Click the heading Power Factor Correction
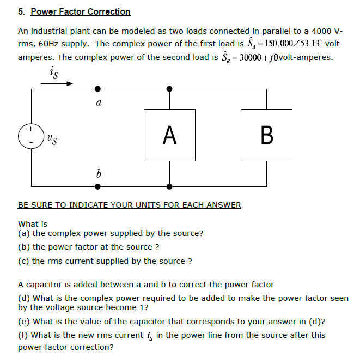(81, 11)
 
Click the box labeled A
(170, 135)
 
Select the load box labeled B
(267, 135)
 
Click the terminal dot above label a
(97, 88)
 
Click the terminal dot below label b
(97, 186)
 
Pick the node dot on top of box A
(170, 88)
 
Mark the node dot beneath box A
(170, 186)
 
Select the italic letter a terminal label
(98, 102)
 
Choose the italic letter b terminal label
(98, 174)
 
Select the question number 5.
(21, 11)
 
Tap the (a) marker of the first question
(24, 233)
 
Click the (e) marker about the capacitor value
(24, 321)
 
